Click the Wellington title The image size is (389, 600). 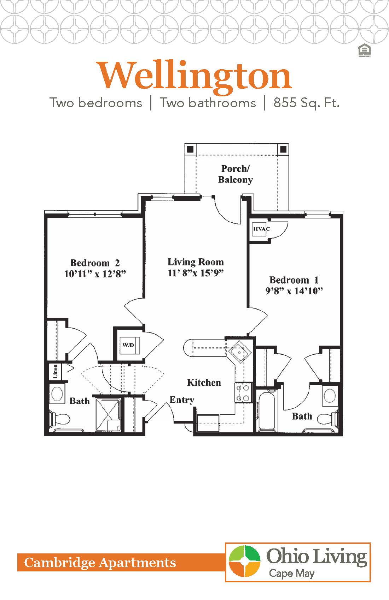[x=195, y=76]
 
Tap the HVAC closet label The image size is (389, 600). [x=261, y=229]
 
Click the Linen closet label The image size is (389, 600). [x=56, y=372]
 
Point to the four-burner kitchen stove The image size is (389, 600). [x=243, y=393]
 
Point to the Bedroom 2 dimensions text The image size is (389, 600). [x=95, y=274]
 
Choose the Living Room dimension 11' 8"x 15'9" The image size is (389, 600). [x=196, y=273]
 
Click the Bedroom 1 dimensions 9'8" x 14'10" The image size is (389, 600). [x=294, y=291]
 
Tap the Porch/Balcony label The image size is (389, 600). [x=235, y=174]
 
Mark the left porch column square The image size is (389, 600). [x=190, y=149]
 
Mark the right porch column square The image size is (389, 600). [x=283, y=149]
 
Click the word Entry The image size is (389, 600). [x=182, y=400]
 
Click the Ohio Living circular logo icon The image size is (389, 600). [x=244, y=561]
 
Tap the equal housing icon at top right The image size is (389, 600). [x=364, y=51]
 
